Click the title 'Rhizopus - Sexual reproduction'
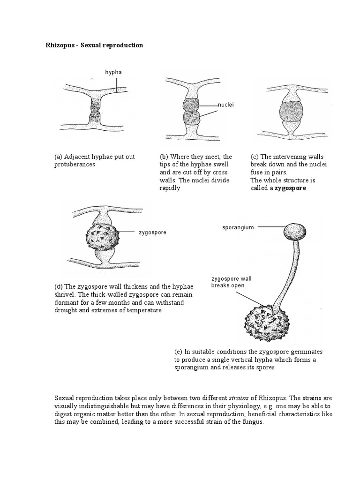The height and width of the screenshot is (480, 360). (x=94, y=45)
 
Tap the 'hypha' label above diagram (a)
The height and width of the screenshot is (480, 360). (x=113, y=72)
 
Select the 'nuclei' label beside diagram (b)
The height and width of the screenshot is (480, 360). (x=225, y=105)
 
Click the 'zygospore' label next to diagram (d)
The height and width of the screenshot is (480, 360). (x=152, y=232)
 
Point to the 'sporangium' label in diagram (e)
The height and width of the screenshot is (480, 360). (x=238, y=227)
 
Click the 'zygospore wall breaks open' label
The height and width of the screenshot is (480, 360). (x=231, y=282)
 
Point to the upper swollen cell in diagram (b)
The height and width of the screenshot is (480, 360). (x=191, y=105)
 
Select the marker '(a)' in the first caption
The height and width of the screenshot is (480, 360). (x=59, y=157)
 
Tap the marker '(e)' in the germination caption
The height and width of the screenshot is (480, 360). (x=178, y=352)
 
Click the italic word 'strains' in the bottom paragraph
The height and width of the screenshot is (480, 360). (x=238, y=398)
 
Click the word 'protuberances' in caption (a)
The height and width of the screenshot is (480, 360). (x=75, y=165)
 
